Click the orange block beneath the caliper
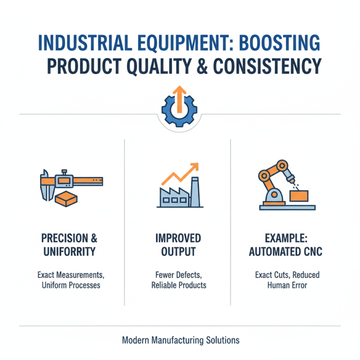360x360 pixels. [x=66, y=199]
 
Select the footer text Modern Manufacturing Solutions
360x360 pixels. [x=180, y=340]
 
